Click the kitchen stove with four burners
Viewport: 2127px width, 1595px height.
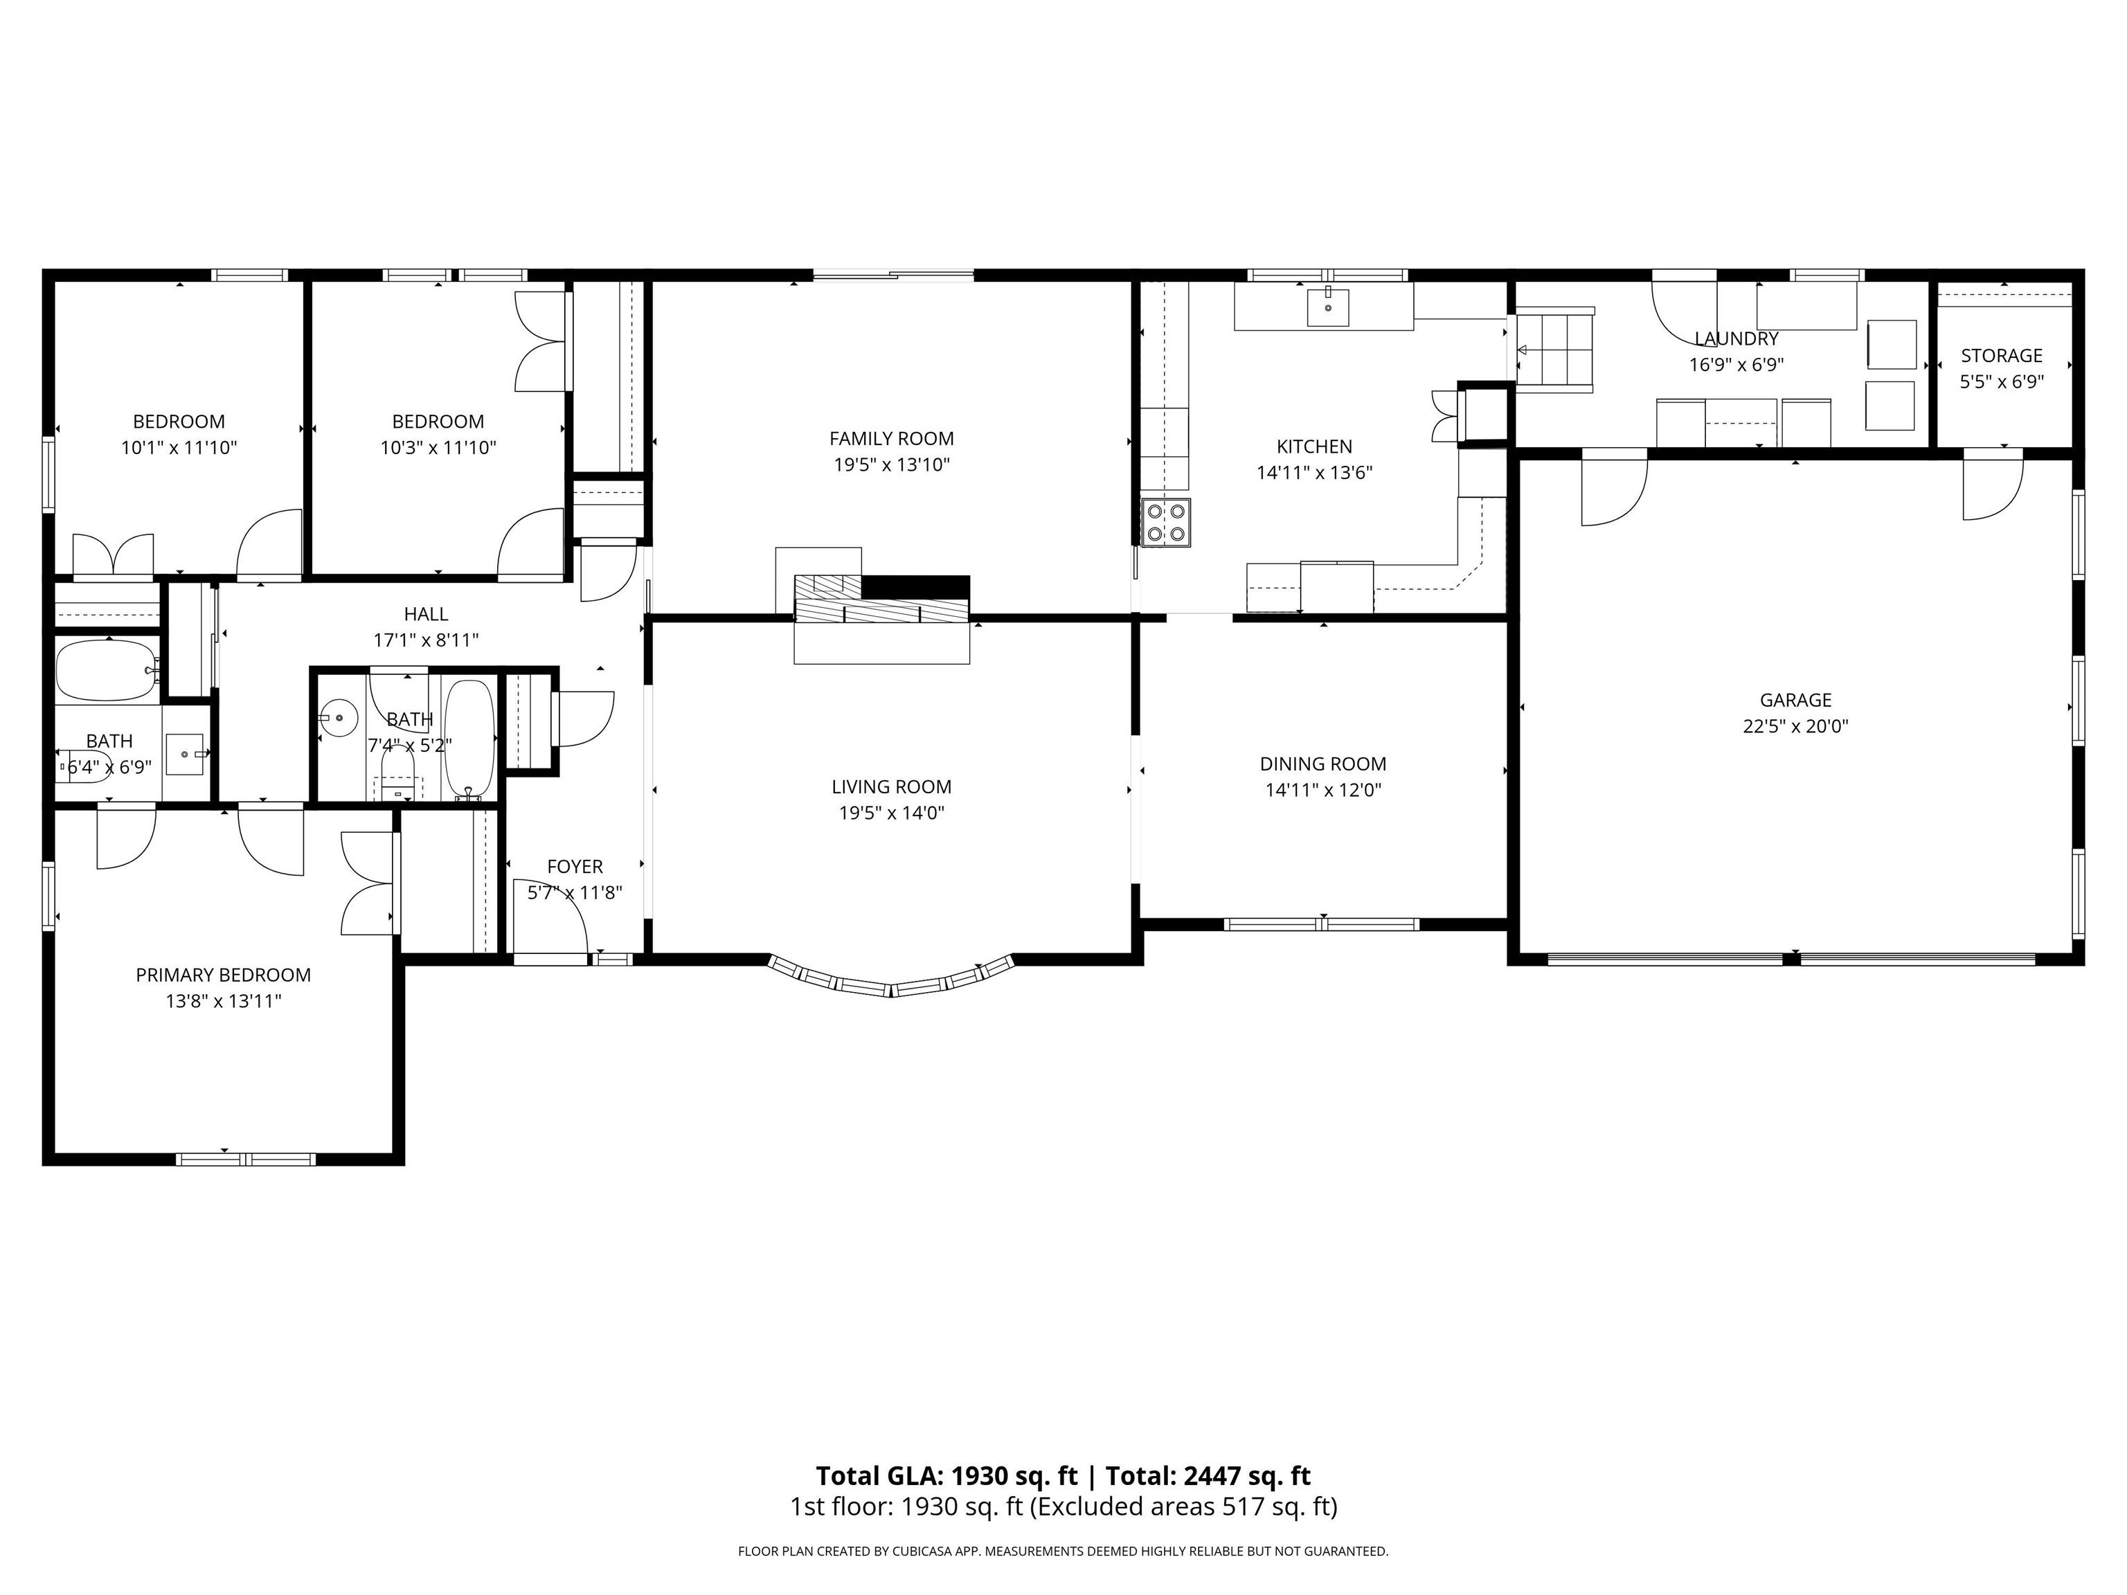(1165, 523)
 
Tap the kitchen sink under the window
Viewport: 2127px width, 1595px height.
(1328, 307)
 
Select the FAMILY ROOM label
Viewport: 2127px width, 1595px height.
(891, 438)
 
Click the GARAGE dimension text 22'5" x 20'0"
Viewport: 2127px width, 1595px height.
(1795, 726)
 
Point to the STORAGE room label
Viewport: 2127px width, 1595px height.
(2002, 356)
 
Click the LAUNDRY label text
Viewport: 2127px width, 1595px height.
(1736, 339)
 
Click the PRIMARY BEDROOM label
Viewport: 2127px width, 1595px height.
(223, 975)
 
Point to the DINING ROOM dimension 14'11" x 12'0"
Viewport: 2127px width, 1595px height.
(1323, 791)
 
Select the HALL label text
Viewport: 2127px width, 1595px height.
(426, 613)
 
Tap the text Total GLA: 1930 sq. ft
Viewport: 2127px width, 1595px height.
(946, 1476)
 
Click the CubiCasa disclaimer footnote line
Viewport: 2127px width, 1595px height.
(1063, 1551)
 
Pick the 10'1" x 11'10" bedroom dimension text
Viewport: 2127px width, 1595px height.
(179, 447)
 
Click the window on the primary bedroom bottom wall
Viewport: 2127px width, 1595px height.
(246, 1160)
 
